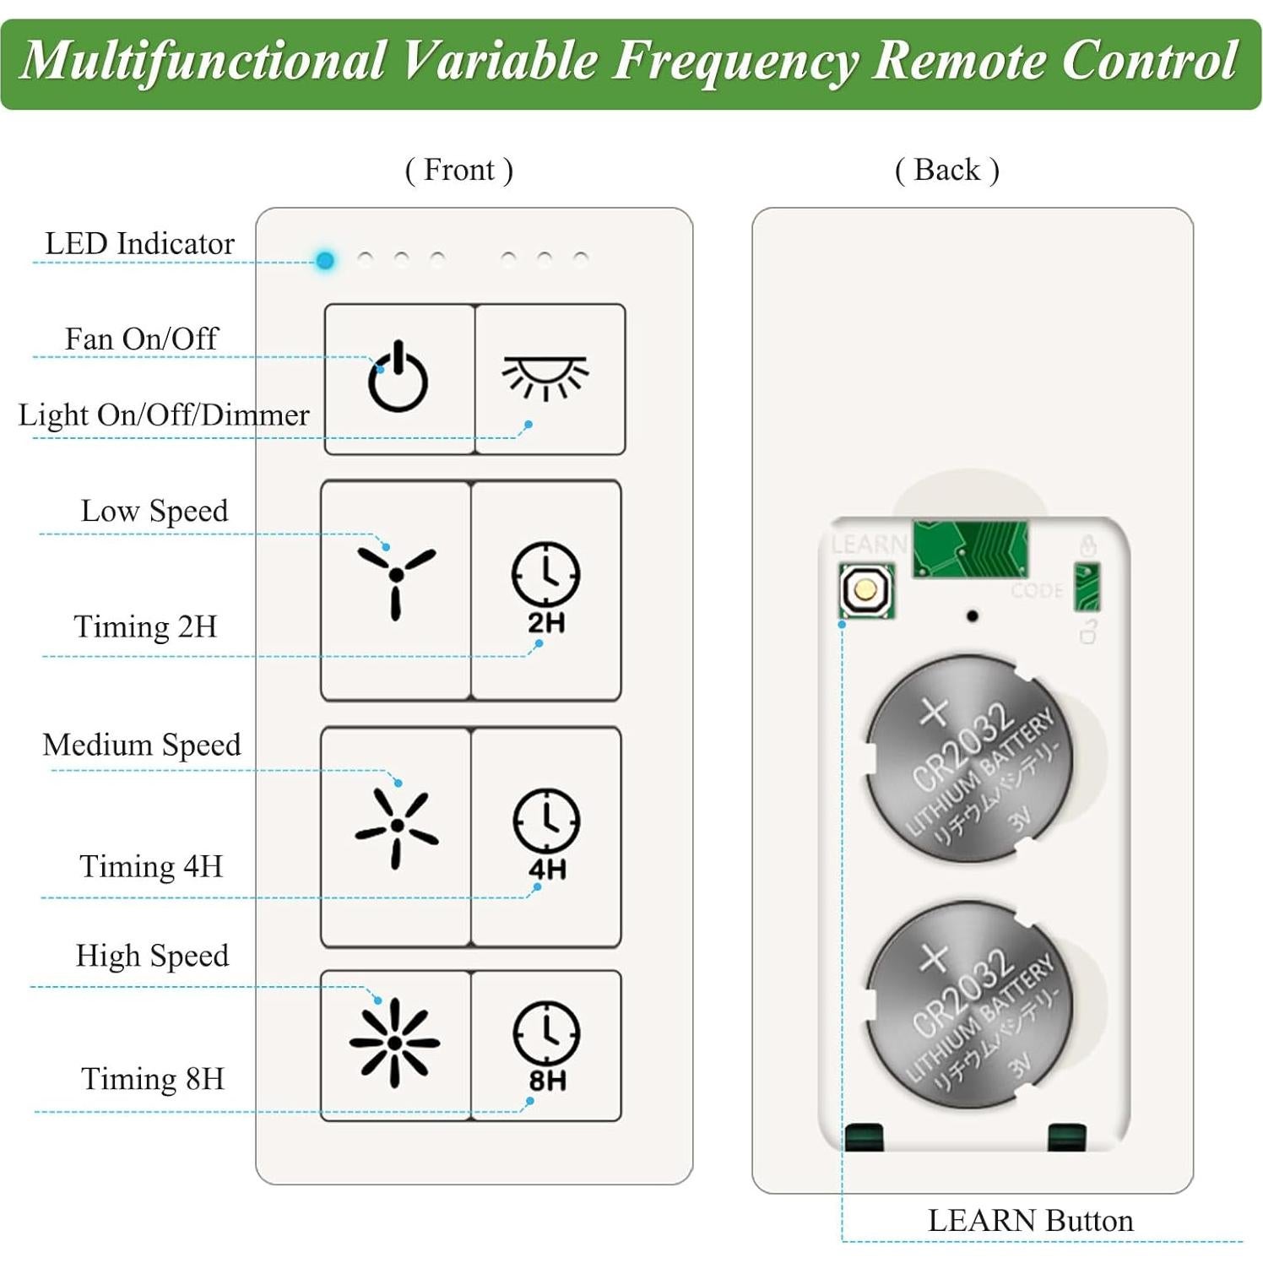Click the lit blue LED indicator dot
click(x=325, y=260)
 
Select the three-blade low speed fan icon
click(x=396, y=578)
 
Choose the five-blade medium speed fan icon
click(x=396, y=827)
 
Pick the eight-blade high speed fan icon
click(x=394, y=1043)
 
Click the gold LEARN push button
click(x=865, y=589)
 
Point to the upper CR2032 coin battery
click(x=969, y=759)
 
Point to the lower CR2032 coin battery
click(x=969, y=1005)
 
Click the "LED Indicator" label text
click(x=139, y=244)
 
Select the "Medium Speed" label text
click(x=142, y=745)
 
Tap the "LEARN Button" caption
click(x=1030, y=1221)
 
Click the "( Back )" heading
click(x=947, y=171)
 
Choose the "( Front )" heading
click(x=459, y=171)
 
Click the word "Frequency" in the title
click(x=735, y=61)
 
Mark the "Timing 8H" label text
click(x=153, y=1079)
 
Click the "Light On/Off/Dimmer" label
click(x=164, y=415)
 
